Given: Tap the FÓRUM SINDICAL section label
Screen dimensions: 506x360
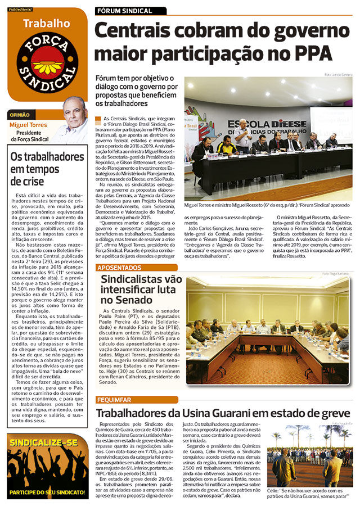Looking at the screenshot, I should [124, 11].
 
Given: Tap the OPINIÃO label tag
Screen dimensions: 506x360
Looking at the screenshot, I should [20, 115].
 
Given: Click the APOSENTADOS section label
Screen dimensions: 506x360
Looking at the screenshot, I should [120, 268].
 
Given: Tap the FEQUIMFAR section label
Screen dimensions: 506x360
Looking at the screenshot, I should [114, 400].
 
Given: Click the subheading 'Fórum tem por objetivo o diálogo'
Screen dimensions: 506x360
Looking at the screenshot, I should [136, 91].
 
